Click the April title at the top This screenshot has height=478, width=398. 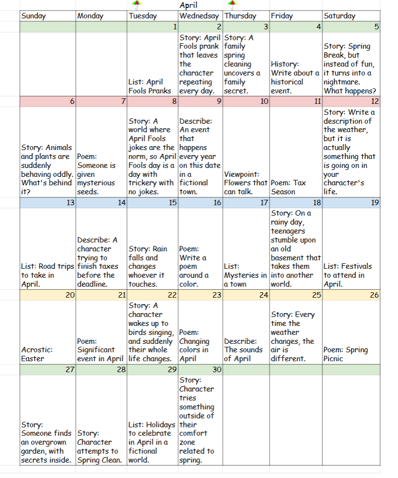click(x=188, y=5)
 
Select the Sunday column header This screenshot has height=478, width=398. click(x=33, y=16)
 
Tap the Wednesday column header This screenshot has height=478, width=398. click(x=199, y=16)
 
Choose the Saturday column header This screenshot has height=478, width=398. click(x=339, y=16)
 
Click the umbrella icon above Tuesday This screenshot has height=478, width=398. click(x=137, y=5)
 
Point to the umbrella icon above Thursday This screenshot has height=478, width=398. click(x=231, y=5)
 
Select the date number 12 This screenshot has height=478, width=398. click(x=375, y=101)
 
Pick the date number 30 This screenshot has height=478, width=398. click(x=216, y=370)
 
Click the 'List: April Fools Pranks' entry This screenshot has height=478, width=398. click(x=150, y=86)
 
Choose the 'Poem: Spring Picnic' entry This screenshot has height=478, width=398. click(x=345, y=354)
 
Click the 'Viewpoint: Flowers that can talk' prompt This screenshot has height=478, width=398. click(x=245, y=183)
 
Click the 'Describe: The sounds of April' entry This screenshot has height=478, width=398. click(x=245, y=350)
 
